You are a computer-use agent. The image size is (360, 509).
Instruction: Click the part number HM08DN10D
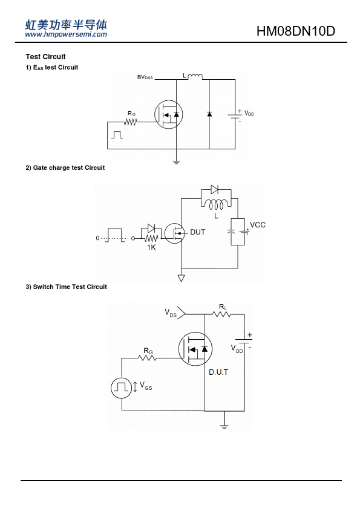(296, 31)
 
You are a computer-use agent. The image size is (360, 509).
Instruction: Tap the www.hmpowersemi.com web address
(66, 34)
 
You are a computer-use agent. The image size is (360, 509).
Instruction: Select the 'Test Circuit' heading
(45, 57)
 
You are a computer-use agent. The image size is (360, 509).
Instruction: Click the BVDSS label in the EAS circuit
(145, 77)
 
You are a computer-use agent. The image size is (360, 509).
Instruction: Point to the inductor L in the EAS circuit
(195, 77)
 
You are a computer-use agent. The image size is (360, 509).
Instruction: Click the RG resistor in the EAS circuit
(131, 122)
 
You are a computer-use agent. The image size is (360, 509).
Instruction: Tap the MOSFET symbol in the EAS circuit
(169, 114)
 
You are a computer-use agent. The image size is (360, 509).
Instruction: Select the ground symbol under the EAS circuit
(176, 162)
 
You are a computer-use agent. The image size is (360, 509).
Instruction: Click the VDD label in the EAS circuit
(249, 113)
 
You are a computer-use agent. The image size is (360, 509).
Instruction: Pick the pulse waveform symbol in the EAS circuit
(117, 135)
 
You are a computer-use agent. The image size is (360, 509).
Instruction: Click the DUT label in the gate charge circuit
(197, 232)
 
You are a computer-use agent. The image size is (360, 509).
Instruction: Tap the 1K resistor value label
(151, 247)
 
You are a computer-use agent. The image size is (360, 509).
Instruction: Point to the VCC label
(258, 225)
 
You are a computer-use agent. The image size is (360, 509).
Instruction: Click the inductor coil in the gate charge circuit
(216, 204)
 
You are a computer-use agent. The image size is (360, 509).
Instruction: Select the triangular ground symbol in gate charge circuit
(182, 278)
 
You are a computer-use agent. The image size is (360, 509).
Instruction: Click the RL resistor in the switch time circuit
(222, 314)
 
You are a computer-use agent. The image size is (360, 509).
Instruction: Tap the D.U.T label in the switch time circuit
(218, 372)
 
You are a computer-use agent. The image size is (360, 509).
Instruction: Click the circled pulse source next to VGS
(122, 387)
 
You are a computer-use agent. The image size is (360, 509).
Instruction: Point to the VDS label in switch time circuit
(171, 313)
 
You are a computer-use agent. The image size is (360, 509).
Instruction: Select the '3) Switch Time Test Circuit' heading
(67, 287)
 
